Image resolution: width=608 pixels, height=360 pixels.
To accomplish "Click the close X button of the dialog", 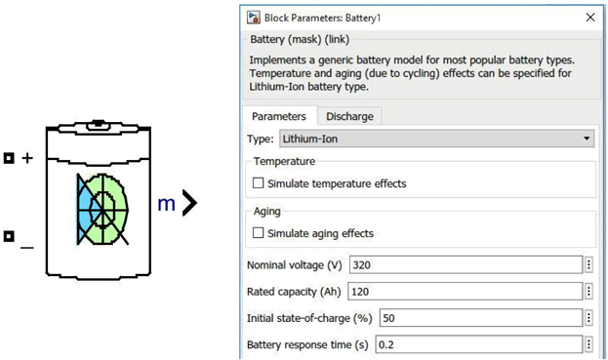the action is tap(589, 17).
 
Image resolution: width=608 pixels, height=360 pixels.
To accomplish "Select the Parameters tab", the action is tap(279, 115).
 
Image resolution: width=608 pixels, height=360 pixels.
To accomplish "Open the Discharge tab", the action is tap(349, 115).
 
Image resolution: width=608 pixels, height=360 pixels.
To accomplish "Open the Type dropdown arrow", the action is tap(588, 139).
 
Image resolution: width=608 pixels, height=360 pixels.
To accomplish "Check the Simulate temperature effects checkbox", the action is tap(259, 182).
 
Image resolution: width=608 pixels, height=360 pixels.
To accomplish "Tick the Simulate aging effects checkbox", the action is tap(259, 233).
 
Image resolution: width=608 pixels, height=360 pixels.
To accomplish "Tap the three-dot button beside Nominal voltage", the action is tap(589, 264).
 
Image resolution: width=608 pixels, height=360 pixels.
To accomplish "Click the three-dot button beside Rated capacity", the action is tap(589, 291).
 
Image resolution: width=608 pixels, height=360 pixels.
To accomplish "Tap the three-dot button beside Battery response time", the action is tap(589, 344).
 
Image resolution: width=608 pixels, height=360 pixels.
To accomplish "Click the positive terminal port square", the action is tap(8, 157).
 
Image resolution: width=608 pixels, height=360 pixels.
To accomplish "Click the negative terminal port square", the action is tap(8, 235).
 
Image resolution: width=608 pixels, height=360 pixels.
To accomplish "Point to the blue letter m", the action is tap(167, 203).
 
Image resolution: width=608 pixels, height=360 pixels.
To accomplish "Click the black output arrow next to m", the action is tap(189, 202).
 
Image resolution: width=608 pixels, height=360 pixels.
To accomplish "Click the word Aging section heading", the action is tap(266, 210).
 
